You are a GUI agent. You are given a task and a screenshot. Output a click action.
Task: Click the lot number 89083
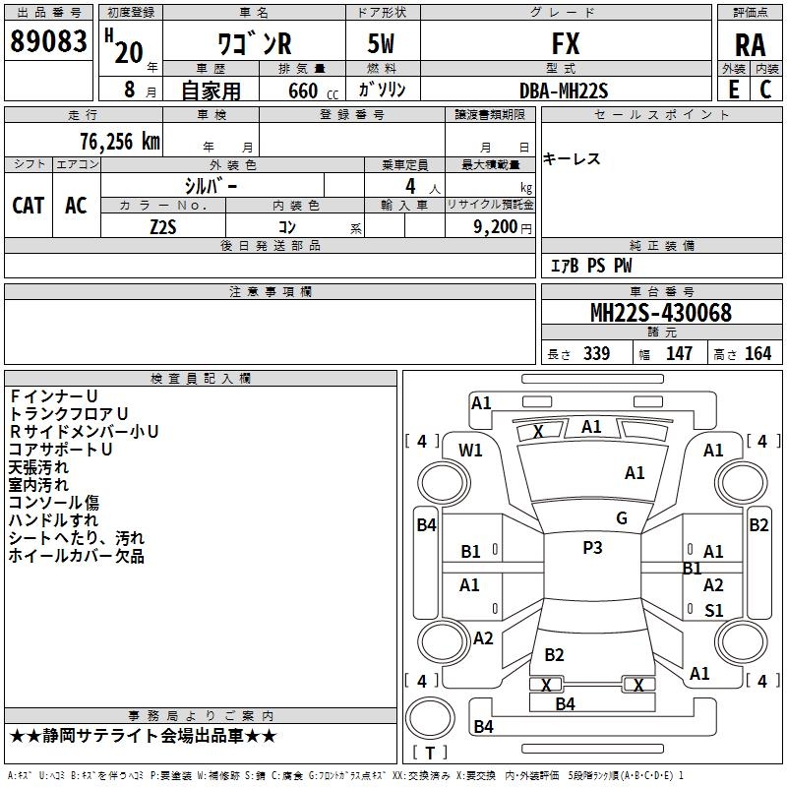point(48,41)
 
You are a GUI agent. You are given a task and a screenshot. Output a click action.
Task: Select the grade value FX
point(566,43)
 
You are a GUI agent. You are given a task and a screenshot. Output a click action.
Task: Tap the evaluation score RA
point(750,45)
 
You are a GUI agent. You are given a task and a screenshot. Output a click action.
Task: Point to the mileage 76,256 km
point(120,142)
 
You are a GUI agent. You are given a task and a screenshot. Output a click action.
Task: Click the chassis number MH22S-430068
point(661,313)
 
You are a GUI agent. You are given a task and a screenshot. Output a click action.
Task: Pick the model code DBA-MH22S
point(564,91)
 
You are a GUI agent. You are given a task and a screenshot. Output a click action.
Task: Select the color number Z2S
point(163,227)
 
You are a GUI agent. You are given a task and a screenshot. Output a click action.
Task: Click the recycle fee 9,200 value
point(496,227)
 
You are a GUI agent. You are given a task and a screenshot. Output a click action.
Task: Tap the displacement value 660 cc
point(313,91)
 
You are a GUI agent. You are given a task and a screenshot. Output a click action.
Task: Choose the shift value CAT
point(29,206)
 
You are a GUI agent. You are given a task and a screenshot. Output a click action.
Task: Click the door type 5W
point(381,43)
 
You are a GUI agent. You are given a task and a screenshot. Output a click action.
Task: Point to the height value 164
point(757,353)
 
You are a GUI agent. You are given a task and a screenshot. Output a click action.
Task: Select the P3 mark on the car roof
point(592,548)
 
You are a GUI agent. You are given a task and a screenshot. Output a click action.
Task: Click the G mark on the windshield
point(622,518)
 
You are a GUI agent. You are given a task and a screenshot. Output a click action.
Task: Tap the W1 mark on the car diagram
point(470,451)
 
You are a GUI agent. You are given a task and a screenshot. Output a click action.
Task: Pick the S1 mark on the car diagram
point(714,610)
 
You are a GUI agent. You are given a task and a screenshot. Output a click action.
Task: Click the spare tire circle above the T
point(430,718)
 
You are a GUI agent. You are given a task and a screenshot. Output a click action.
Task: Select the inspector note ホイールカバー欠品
point(77,556)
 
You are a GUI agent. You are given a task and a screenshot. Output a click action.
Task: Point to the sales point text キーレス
point(572,159)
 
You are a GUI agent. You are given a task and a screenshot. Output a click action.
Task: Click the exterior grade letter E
point(733,90)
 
